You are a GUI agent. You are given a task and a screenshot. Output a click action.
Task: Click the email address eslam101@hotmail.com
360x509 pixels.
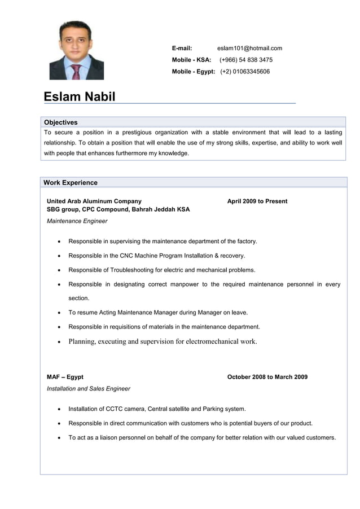click(x=249, y=48)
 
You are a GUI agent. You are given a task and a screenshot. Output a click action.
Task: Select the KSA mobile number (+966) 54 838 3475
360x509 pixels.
click(x=246, y=60)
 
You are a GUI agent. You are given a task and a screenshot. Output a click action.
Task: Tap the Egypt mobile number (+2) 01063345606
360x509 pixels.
click(x=245, y=72)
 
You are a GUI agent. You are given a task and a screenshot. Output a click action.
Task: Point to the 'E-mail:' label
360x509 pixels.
click(x=182, y=48)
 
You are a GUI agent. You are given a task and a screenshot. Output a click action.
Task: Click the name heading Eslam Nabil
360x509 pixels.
click(x=80, y=96)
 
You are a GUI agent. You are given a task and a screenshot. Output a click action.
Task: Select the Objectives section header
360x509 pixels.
click(x=61, y=122)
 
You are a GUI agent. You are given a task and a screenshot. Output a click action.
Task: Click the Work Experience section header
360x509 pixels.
click(x=71, y=182)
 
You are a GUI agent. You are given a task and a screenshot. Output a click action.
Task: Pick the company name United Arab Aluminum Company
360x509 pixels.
click(x=94, y=201)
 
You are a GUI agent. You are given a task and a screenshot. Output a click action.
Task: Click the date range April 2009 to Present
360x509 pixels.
click(x=257, y=201)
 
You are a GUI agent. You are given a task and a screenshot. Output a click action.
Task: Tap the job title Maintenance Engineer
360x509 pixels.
click(x=77, y=221)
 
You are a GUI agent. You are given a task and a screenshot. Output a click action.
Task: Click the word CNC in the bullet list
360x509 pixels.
click(x=126, y=256)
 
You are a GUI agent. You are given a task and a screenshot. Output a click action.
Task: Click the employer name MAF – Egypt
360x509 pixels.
click(x=65, y=377)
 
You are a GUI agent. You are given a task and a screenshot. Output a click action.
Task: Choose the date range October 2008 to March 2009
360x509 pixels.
click(x=267, y=377)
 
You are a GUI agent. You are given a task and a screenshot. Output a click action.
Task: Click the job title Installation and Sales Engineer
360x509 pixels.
click(x=88, y=388)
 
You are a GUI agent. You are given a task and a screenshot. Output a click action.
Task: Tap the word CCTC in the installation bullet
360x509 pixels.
click(x=116, y=409)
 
